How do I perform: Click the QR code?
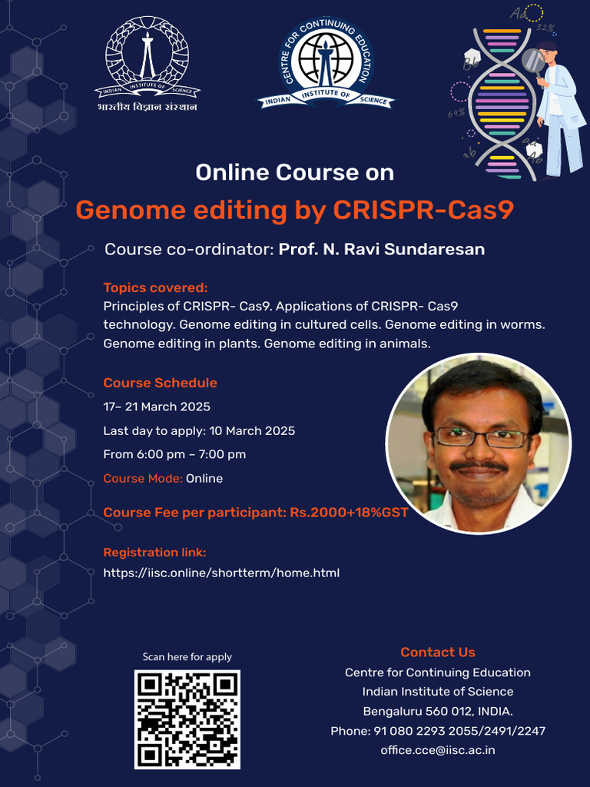coord(187,719)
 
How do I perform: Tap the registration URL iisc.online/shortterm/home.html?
coord(221,573)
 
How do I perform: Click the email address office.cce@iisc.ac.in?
coord(438,750)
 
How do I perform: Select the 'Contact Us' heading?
coord(438,653)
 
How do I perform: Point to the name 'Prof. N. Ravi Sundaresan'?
coord(382,250)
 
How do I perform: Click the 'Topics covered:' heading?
coord(156,288)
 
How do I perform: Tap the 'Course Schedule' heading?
coord(161,383)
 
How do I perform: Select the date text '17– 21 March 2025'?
coord(157,407)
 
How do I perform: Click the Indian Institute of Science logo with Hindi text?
coord(147,65)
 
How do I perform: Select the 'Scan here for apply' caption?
coord(187,657)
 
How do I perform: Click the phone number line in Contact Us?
coord(438,731)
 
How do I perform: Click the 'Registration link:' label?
coord(155,553)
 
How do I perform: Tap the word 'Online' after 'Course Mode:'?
coord(204,479)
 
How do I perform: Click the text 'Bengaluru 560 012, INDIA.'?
coord(438,711)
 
